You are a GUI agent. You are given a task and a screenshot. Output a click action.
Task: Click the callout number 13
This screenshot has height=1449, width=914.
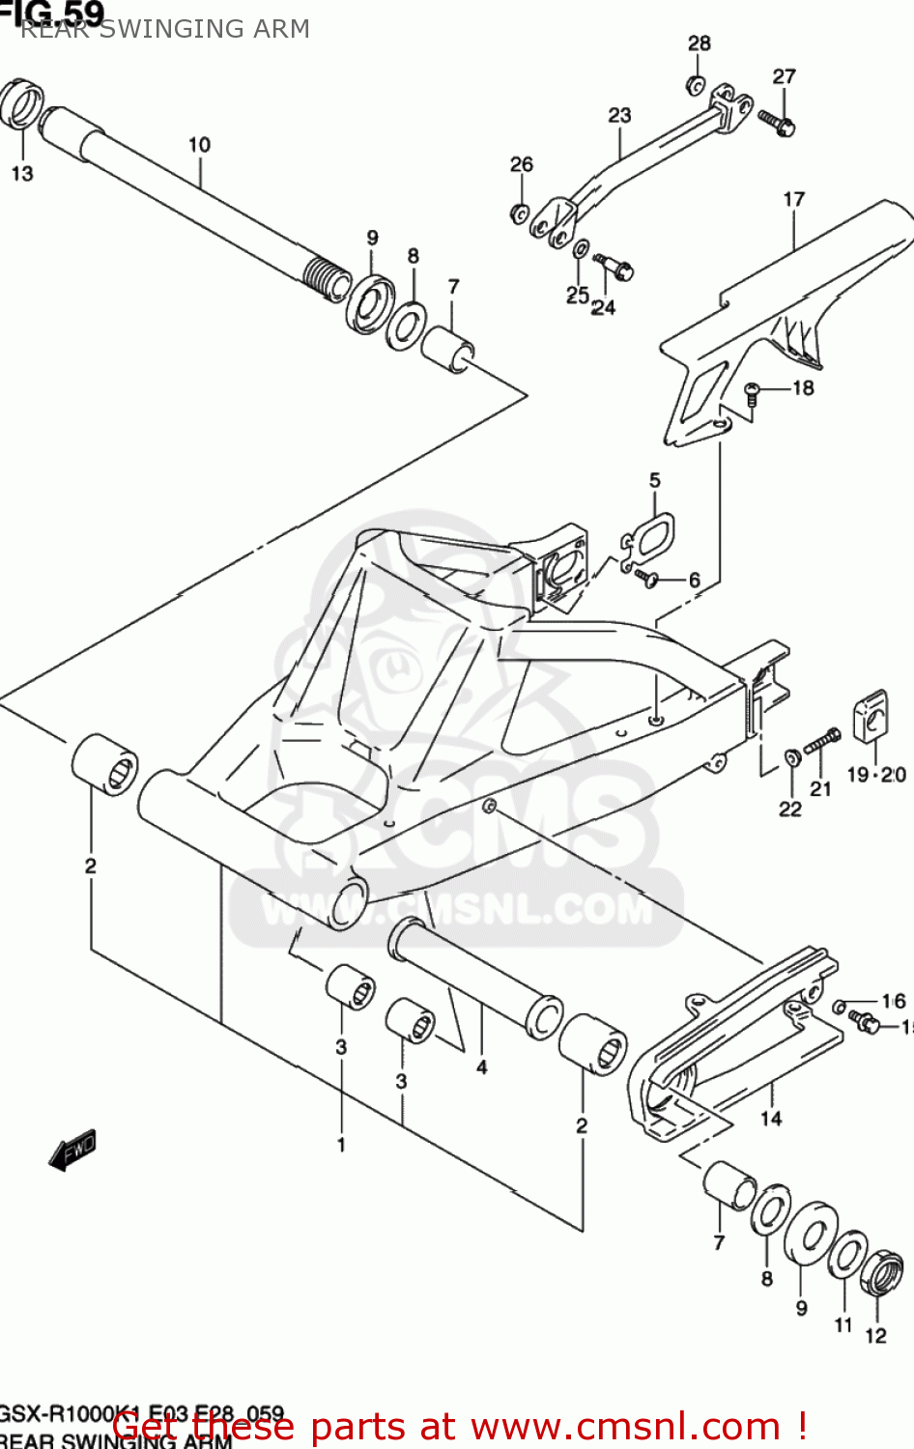(22, 174)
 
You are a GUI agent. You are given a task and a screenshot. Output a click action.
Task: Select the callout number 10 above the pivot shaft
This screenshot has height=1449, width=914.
(199, 145)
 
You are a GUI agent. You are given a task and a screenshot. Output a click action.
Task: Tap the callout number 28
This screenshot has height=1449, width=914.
(700, 43)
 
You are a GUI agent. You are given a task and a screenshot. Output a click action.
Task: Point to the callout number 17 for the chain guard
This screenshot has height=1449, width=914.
(794, 199)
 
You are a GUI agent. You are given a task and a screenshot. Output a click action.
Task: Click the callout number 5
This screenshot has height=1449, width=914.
(655, 480)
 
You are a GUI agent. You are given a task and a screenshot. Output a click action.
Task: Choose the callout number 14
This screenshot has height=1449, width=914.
(771, 1119)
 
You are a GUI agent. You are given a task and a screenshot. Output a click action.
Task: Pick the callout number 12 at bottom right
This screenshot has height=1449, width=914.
(875, 1335)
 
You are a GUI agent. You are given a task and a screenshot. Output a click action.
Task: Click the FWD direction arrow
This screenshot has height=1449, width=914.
(73, 1150)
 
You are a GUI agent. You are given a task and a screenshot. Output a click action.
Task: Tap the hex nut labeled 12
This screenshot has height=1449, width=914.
(881, 1273)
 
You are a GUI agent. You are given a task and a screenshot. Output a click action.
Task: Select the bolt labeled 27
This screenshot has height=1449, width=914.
(776, 123)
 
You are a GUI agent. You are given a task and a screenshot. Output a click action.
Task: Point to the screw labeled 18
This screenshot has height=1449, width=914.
(754, 391)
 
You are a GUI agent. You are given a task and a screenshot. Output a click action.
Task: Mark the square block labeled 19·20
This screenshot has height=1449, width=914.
(871, 717)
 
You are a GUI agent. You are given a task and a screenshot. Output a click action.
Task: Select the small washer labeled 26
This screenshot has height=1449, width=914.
(520, 213)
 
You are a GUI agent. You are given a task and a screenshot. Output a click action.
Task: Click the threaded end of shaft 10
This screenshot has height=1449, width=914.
(328, 277)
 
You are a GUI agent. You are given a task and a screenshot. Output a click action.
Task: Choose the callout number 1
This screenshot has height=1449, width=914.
(341, 1145)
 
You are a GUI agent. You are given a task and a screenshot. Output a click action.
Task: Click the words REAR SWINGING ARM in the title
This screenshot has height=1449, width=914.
(165, 29)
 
